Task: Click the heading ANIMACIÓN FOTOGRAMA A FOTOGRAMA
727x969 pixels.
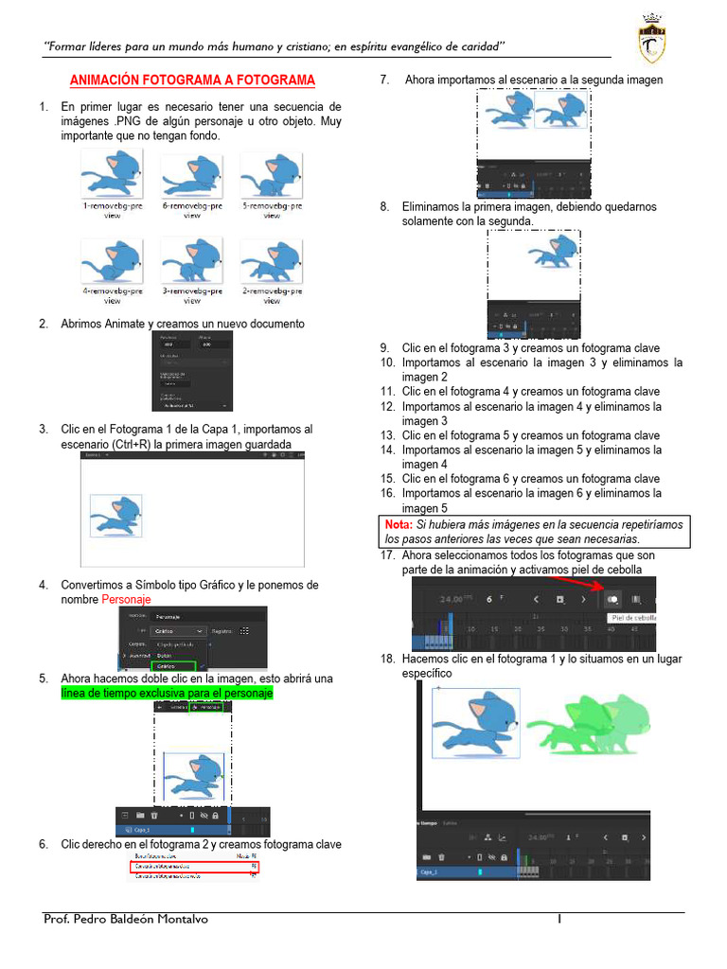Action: pyautogui.click(x=192, y=80)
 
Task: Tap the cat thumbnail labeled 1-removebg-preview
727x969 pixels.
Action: pyautogui.click(x=112, y=174)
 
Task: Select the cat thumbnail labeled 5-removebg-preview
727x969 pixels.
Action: pyautogui.click(x=271, y=174)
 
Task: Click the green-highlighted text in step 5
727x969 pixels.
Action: pyautogui.click(x=167, y=694)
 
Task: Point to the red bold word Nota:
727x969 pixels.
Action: pyautogui.click(x=399, y=524)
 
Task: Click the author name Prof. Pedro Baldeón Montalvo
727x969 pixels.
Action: pyautogui.click(x=125, y=919)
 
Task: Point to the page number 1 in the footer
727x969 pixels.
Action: pyautogui.click(x=559, y=919)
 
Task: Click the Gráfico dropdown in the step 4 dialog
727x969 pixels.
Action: pyautogui.click(x=179, y=630)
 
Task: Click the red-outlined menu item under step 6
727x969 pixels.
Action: pyautogui.click(x=194, y=865)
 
